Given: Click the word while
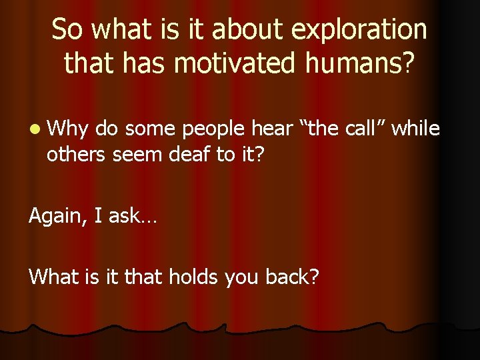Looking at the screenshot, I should coord(415,128).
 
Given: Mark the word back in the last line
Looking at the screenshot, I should coord(289,275).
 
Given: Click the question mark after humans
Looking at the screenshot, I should coord(408,63).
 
